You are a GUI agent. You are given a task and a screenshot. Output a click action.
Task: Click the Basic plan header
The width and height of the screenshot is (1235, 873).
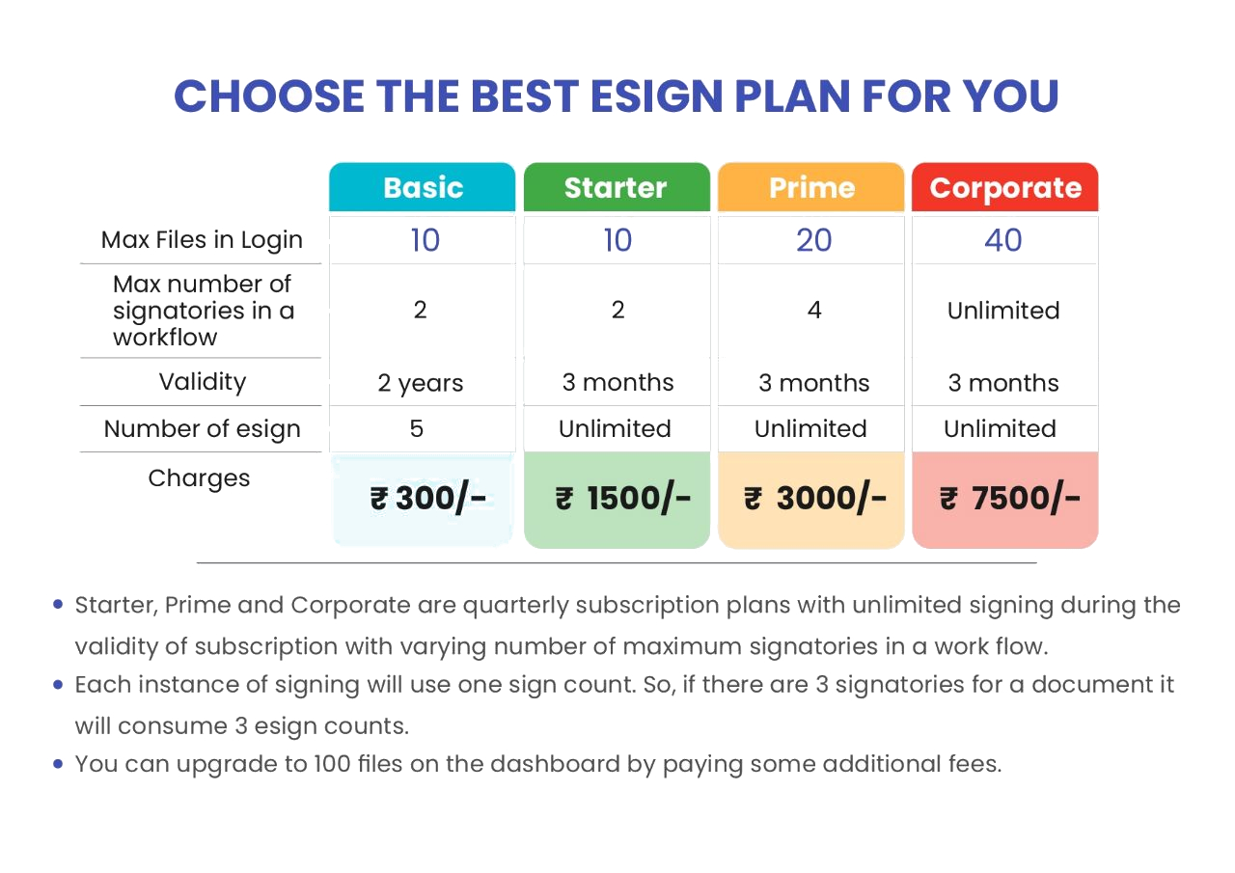[423, 187]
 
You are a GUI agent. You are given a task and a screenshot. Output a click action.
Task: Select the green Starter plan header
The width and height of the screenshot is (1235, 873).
[617, 187]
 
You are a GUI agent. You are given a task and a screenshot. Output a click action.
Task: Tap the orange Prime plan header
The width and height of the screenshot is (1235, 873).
[811, 187]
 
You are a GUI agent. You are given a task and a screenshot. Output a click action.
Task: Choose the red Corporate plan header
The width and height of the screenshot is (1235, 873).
[1005, 187]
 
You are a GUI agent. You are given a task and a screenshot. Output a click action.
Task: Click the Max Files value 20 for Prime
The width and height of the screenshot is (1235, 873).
[813, 240]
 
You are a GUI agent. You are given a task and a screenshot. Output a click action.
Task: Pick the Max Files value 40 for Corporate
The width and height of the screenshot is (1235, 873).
[1002, 240]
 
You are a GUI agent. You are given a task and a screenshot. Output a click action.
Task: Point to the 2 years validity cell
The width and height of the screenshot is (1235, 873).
[420, 383]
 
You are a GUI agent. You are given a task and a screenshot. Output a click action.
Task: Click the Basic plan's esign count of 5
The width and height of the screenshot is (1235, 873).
[417, 429]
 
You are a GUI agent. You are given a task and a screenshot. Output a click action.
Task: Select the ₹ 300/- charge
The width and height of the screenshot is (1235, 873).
[427, 498]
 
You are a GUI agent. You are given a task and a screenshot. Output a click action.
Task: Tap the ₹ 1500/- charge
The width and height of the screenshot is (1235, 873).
[623, 498]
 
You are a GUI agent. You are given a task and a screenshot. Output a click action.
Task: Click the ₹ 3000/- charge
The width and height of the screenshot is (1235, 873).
[815, 498]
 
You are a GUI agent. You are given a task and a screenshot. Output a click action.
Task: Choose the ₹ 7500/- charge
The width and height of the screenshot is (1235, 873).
[1010, 498]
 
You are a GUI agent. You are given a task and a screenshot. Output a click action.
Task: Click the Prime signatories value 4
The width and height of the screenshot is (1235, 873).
[814, 310]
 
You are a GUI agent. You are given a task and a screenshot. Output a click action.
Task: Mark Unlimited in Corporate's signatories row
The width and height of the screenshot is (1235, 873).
[1003, 311]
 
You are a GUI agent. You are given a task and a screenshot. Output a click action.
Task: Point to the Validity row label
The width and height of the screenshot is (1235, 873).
[203, 382]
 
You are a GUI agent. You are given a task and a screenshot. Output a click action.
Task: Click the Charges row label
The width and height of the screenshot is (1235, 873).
[199, 478]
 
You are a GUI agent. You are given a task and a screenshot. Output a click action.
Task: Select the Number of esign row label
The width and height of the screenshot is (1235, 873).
[202, 429]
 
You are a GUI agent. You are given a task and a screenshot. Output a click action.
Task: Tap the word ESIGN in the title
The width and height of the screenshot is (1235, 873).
[656, 95]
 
